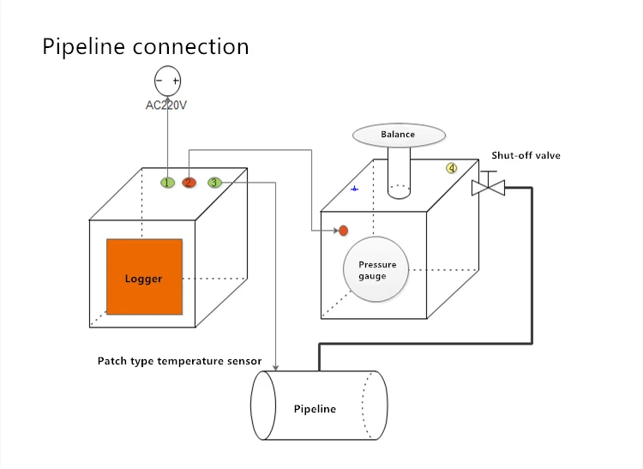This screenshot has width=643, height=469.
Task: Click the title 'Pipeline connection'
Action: click(146, 46)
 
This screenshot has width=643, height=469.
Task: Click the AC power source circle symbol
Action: click(167, 81)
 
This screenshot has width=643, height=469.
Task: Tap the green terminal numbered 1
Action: click(167, 182)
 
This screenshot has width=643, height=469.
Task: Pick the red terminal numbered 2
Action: click(189, 182)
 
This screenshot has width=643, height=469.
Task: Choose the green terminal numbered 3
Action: click(214, 182)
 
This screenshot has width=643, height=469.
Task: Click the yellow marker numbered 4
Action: click(451, 168)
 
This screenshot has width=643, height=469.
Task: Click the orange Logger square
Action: click(144, 277)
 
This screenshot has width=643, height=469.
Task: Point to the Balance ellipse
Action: click(399, 135)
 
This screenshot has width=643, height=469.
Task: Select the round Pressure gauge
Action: click(373, 270)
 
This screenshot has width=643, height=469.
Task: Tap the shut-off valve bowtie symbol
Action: click(488, 186)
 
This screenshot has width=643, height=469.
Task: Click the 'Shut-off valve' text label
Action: click(526, 156)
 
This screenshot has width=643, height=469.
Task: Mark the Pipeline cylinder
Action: click(318, 406)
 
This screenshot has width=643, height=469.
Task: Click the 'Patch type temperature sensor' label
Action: click(178, 361)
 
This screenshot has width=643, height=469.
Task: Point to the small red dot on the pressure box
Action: click(343, 231)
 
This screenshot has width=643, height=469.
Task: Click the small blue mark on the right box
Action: click(355, 188)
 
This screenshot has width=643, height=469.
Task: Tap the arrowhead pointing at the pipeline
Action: click(274, 365)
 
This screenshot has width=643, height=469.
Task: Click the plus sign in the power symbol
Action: click(176, 81)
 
